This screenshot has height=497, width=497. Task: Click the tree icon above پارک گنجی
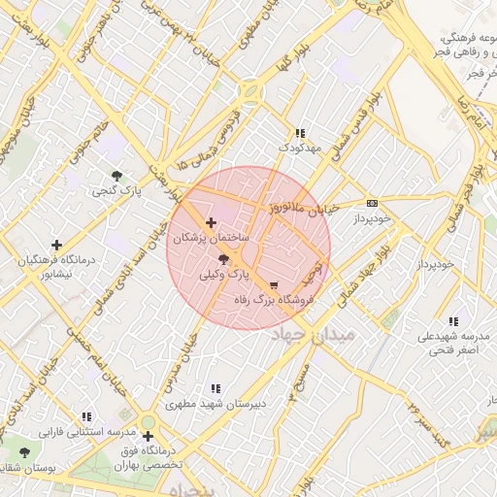(117, 176)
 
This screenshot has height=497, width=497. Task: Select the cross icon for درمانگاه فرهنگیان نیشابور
(57, 246)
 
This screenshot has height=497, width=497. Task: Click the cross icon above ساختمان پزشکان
(212, 223)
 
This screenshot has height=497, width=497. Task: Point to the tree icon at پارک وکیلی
(225, 259)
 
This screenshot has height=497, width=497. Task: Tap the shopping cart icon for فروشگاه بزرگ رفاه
(274, 285)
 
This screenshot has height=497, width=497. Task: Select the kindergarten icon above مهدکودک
(299, 133)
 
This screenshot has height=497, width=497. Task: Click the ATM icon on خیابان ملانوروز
(372, 203)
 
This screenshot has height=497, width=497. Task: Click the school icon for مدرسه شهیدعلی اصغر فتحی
(453, 321)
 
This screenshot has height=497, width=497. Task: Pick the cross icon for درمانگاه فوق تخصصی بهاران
(148, 437)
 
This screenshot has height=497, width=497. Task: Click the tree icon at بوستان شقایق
(24, 452)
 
